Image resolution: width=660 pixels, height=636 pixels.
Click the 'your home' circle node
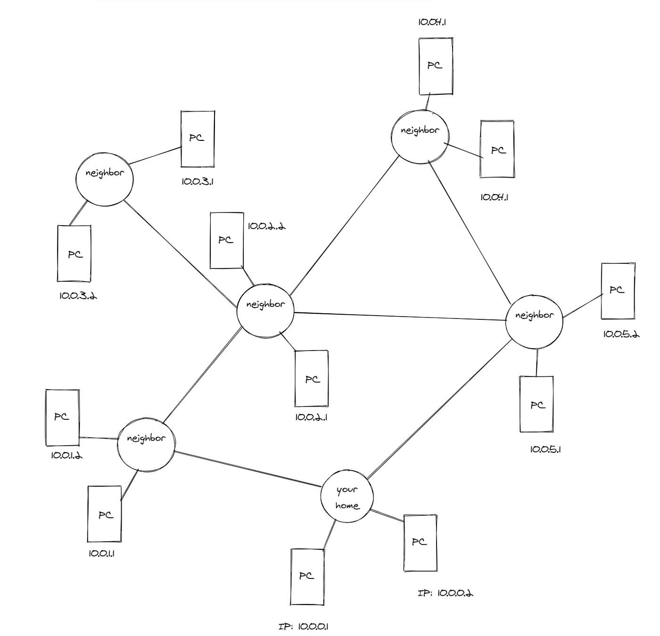tap(347, 496)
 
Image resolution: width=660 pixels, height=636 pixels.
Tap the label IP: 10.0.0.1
tap(303, 627)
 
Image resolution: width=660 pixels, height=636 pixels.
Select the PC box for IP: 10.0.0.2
tap(420, 543)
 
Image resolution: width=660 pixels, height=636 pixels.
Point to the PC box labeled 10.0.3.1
tap(198, 139)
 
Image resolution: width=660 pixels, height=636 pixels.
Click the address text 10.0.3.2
tap(78, 296)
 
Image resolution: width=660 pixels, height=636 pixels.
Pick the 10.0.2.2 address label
tap(266, 226)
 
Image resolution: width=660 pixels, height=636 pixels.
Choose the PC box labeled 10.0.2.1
tap(311, 378)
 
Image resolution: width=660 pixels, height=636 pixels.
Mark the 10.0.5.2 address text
tap(621, 334)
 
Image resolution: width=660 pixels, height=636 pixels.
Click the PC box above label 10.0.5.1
tap(536, 404)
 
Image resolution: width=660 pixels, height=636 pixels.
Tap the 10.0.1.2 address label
tap(66, 456)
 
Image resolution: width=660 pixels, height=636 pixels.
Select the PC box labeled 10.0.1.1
tap(104, 514)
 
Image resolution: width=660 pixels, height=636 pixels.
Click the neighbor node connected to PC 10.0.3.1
tap(104, 179)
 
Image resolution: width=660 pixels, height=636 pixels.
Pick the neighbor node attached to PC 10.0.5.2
tap(534, 322)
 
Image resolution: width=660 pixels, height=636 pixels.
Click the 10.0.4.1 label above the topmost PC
tap(432, 22)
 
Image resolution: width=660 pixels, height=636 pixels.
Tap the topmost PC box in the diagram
tap(436, 66)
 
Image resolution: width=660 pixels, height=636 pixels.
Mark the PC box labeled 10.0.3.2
tap(74, 253)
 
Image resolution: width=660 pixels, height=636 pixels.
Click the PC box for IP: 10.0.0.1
tap(307, 577)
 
